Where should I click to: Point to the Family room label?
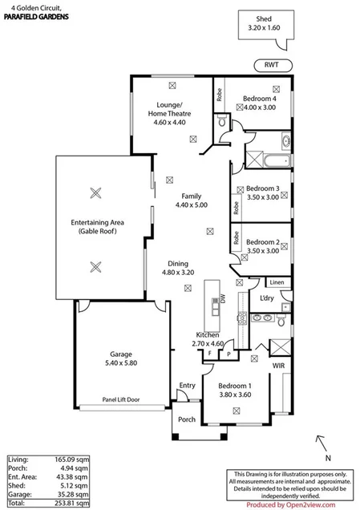point(190,200)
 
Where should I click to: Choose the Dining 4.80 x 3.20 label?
point(178,268)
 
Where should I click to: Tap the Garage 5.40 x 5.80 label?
point(120,358)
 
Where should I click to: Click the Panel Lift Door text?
point(120,398)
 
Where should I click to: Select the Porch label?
point(186,419)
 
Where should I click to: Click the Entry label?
point(186,386)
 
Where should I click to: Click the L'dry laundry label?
point(267,298)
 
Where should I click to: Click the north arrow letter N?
point(319,439)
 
